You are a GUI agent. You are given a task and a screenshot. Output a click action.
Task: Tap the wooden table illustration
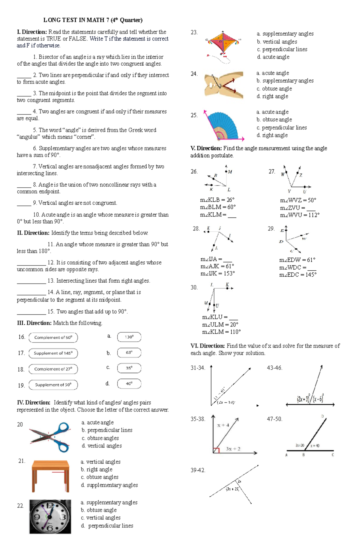pyautogui.click(x=51, y=476)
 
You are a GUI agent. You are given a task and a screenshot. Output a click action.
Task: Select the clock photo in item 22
pyautogui.click(x=50, y=516)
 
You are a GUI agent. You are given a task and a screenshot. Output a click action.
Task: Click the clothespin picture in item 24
pyautogui.click(x=224, y=85)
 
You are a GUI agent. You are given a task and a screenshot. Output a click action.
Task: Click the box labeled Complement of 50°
pyautogui.click(x=53, y=337)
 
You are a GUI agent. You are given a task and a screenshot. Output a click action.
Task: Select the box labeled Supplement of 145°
pyautogui.click(x=53, y=353)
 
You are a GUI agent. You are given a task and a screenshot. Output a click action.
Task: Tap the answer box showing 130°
pyautogui.click(x=129, y=337)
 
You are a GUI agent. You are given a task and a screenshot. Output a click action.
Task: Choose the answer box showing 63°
pyautogui.click(x=129, y=352)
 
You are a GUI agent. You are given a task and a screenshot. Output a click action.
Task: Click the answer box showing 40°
pyautogui.click(x=129, y=384)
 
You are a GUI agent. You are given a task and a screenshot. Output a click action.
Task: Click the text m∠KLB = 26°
pyautogui.click(x=217, y=200)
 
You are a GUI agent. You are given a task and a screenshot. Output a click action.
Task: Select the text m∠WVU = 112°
pyautogui.click(x=299, y=215)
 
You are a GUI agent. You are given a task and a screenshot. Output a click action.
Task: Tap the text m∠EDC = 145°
pyautogui.click(x=298, y=275)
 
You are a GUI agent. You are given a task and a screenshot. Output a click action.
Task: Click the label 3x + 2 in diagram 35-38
pyautogui.click(x=233, y=449)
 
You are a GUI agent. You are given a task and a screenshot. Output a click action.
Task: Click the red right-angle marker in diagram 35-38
pyautogui.click(x=216, y=450)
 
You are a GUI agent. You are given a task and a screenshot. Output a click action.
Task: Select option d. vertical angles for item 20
pyautogui.click(x=102, y=446)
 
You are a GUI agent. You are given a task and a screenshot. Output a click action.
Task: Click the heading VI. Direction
pyautogui.click(x=208, y=346)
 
